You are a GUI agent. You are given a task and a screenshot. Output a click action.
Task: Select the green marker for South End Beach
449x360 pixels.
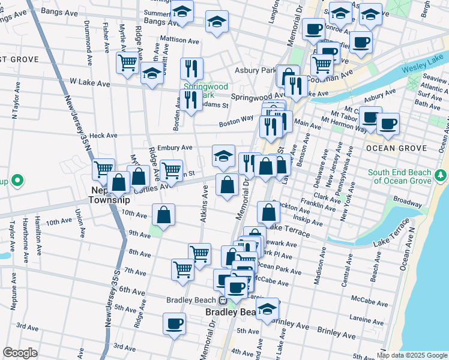click(x=441, y=175)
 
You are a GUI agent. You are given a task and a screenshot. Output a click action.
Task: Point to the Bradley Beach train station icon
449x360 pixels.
click(x=222, y=301)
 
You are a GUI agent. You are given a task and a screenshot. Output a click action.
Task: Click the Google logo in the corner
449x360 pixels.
click(x=20, y=353)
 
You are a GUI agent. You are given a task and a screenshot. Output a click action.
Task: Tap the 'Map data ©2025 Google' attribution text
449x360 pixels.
click(x=412, y=355)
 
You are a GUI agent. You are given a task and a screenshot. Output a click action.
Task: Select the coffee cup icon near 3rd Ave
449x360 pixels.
click(x=175, y=323)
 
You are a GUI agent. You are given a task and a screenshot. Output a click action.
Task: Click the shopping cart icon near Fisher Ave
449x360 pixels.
click(x=127, y=61)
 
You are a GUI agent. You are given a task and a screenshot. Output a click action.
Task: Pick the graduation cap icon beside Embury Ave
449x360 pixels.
click(x=223, y=156)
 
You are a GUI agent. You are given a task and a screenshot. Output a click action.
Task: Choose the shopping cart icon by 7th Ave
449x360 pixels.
click(x=182, y=268)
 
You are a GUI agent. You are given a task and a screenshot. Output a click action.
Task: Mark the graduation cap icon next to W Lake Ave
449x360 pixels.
click(x=152, y=74)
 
